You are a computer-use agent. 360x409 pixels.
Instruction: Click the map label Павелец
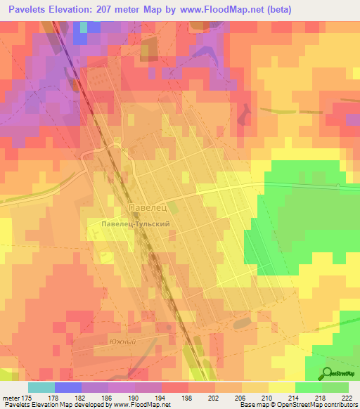pyautogui.click(x=147, y=209)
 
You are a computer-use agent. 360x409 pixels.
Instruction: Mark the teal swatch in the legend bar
pyautogui.click(x=41, y=387)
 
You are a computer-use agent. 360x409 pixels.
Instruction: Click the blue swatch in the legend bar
pyautogui.click(x=68, y=387)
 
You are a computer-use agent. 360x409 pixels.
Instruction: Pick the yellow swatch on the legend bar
pyautogui.click(x=282, y=387)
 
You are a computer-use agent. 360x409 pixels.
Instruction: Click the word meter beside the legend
pyautogui.click(x=11, y=397)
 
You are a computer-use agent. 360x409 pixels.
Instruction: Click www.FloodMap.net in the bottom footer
pyautogui.click(x=145, y=405)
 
